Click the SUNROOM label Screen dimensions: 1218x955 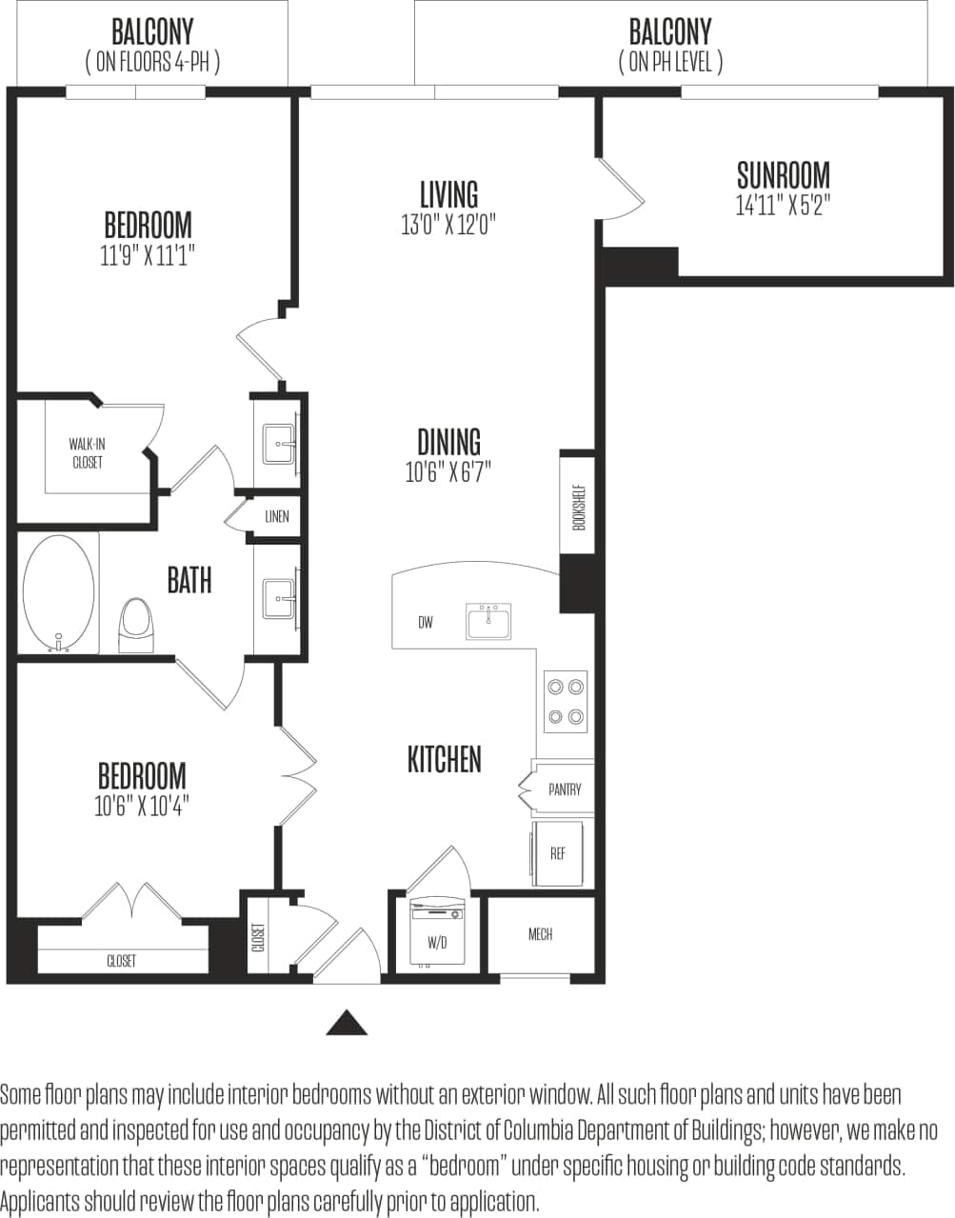783,175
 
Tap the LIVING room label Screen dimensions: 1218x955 448,194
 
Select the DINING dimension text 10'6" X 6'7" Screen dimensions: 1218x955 448,472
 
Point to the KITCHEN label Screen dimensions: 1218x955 445,759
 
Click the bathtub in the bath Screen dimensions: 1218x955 59,592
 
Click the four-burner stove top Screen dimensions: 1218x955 565,701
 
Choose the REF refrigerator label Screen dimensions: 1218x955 558,853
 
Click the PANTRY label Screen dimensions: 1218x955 565,789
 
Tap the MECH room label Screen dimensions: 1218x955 540,934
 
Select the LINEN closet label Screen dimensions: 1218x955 276,517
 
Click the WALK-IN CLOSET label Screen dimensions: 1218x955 87,453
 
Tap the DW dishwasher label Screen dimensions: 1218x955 425,623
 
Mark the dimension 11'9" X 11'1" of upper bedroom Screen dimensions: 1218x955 148,255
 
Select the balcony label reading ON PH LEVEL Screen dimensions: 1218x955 670,63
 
